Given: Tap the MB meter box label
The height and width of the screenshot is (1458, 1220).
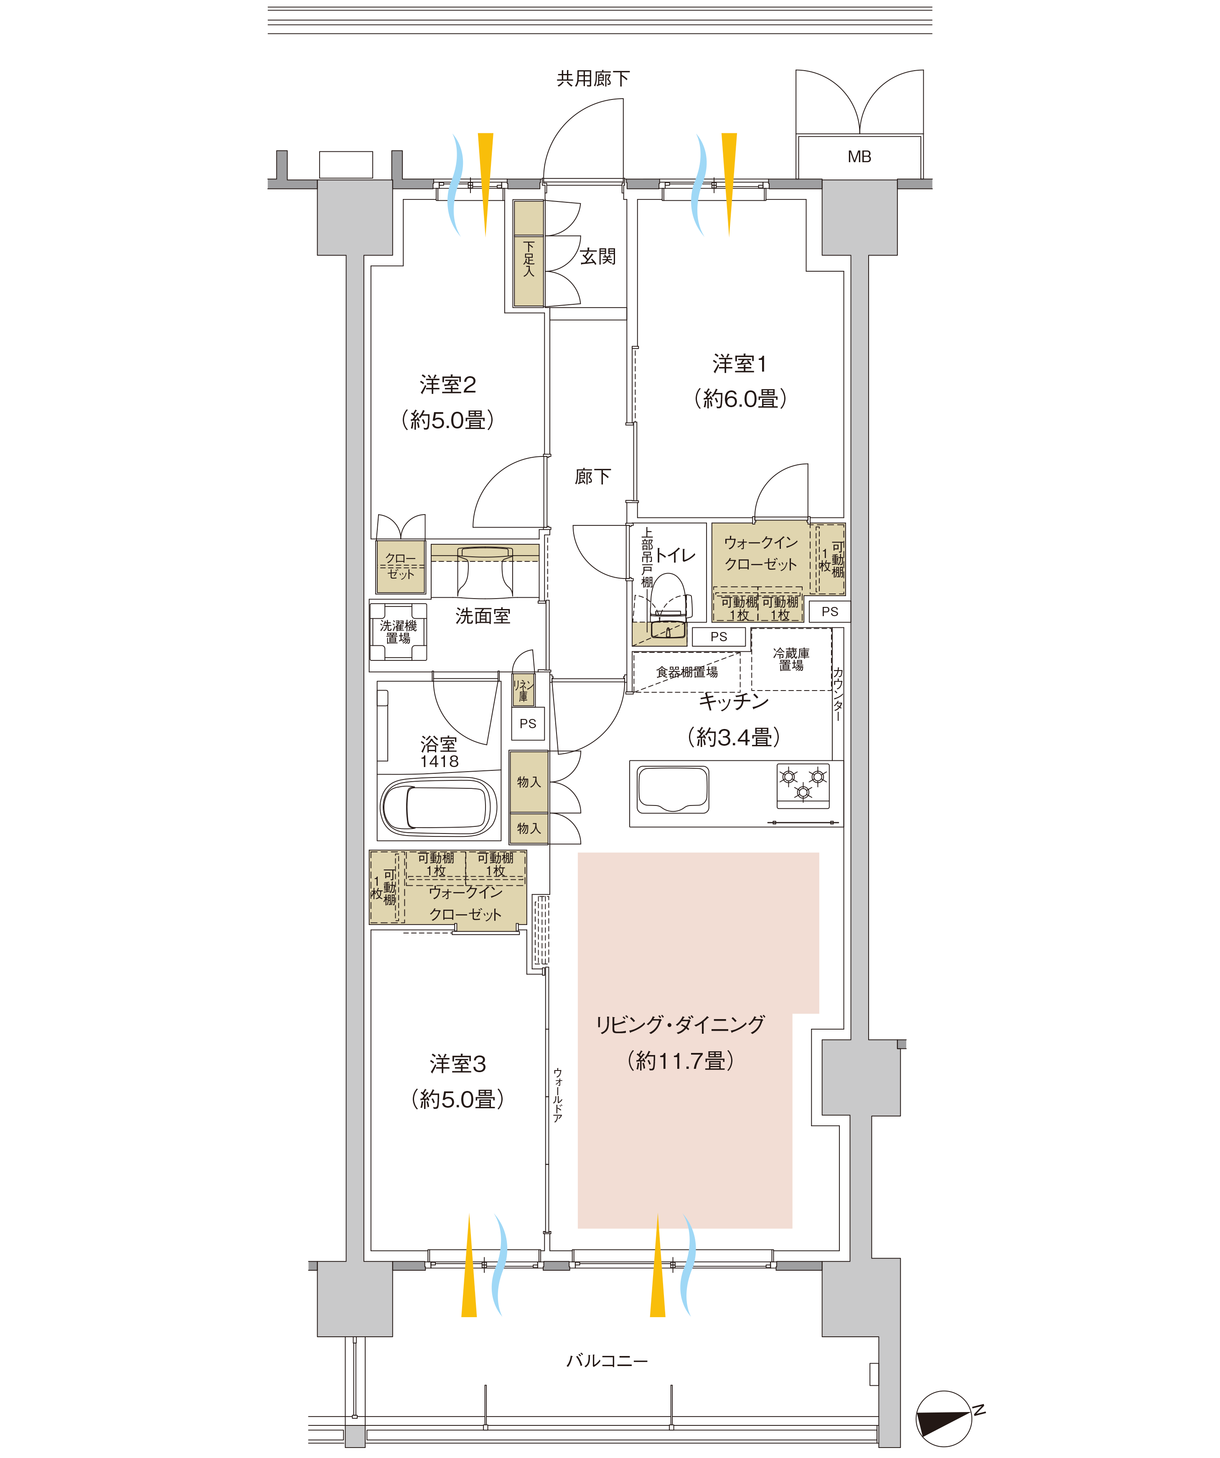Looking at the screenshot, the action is tap(859, 157).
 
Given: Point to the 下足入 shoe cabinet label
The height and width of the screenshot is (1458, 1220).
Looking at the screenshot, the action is tap(529, 259).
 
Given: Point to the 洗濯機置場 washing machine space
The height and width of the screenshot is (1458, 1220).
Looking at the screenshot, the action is tap(398, 632).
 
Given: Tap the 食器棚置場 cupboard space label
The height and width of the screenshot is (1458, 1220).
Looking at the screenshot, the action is tap(687, 672).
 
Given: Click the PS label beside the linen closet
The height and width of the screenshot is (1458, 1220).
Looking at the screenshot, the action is tap(528, 724).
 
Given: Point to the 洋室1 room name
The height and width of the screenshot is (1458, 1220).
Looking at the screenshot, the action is tap(740, 364).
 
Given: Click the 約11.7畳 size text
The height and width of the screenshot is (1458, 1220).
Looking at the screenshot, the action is tap(680, 1061).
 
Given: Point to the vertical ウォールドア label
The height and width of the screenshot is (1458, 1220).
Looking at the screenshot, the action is tap(557, 1095).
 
